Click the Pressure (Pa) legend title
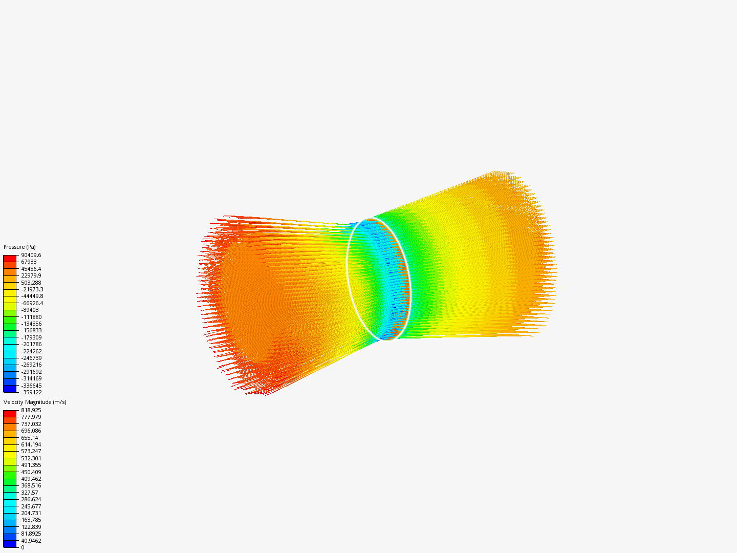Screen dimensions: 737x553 (19, 247)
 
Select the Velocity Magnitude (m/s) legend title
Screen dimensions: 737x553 (35, 402)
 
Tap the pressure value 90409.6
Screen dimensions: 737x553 (31, 255)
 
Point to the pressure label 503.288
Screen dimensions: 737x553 (31, 283)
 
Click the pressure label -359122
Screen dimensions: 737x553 (32, 392)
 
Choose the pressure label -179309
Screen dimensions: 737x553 (32, 337)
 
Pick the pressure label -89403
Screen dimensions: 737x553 (30, 310)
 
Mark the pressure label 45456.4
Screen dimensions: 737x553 (31, 269)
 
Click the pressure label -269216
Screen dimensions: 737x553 (32, 365)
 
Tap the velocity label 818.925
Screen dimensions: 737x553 (31, 410)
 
